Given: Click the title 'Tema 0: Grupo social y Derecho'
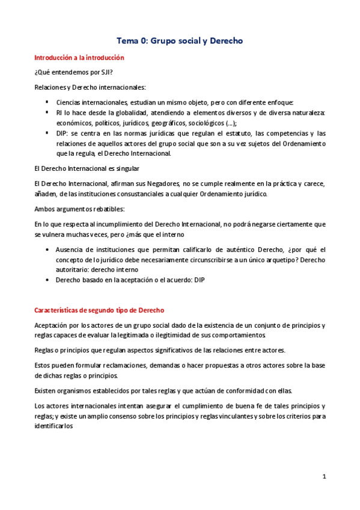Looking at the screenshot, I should pos(179,41).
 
